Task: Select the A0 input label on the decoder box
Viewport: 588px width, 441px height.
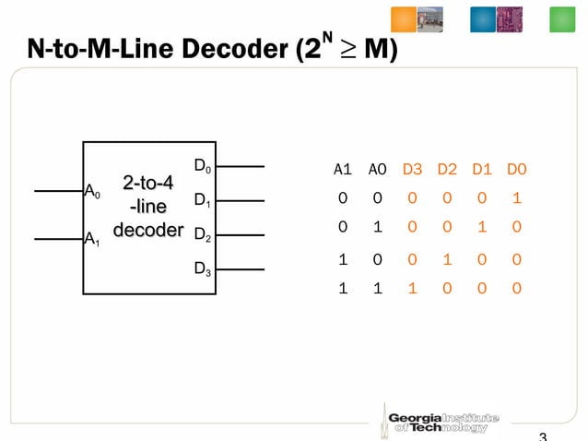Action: [92, 192]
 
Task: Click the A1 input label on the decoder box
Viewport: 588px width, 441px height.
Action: [92, 240]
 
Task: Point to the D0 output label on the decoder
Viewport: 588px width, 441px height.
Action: [202, 167]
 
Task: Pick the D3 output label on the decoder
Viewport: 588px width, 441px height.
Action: [202, 269]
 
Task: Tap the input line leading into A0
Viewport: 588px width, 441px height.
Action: [58, 191]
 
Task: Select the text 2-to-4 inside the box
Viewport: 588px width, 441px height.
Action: [147, 183]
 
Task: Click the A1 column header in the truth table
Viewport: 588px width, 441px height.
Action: [342, 170]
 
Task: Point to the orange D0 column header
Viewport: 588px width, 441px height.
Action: [516, 170]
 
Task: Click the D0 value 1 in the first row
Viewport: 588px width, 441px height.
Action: [516, 197]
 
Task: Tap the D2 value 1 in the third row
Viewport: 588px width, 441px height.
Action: [447, 259]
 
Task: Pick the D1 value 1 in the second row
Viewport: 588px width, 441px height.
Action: [482, 227]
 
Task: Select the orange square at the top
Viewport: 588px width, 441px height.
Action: [404, 19]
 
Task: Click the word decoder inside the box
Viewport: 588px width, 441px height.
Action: [147, 229]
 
